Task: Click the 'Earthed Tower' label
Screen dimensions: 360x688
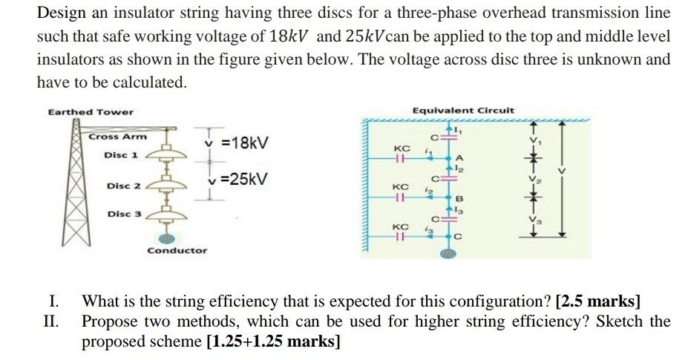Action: coord(91,112)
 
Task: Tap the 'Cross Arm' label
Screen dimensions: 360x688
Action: coord(117,137)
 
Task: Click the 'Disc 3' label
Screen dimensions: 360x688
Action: coord(123,214)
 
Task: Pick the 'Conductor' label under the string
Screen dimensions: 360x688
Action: coord(177,251)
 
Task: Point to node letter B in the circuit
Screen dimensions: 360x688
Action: coord(460,198)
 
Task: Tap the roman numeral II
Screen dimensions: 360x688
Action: coord(53,321)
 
